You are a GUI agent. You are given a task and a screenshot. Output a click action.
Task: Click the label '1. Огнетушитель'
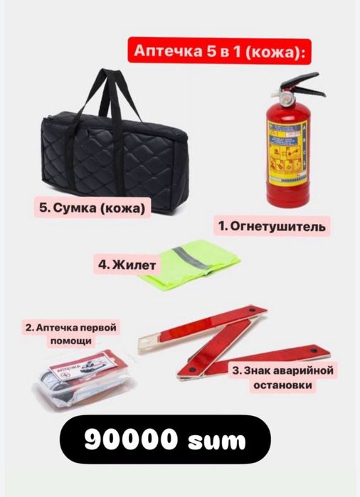pos(270,227)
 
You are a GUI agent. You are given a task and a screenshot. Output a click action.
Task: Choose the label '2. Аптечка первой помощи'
pos(70,334)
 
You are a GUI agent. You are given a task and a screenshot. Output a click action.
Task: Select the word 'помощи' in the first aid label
pos(70,341)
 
